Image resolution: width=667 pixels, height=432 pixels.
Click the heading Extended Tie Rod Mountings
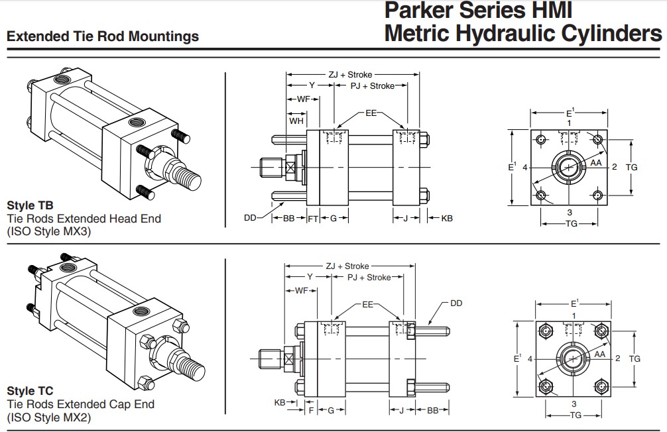tap(103, 36)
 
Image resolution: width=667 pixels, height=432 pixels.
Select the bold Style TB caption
tap(30, 205)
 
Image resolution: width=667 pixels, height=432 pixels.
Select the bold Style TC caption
tap(30, 391)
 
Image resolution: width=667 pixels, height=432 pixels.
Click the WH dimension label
tap(296, 121)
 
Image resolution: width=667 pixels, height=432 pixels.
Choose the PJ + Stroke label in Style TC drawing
tap(369, 277)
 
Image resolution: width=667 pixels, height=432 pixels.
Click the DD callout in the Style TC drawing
tap(456, 303)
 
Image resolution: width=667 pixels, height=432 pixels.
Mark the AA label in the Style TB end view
tap(595, 162)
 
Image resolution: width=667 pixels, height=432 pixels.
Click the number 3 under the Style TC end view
tap(573, 403)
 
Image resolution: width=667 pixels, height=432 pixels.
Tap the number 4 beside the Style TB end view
tap(524, 167)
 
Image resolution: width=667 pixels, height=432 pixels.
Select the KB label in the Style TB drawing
tap(447, 218)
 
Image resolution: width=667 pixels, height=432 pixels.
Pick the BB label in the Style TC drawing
tap(433, 410)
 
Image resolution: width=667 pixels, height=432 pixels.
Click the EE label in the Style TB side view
tap(371, 113)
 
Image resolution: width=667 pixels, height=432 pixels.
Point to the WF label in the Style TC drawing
tap(301, 290)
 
